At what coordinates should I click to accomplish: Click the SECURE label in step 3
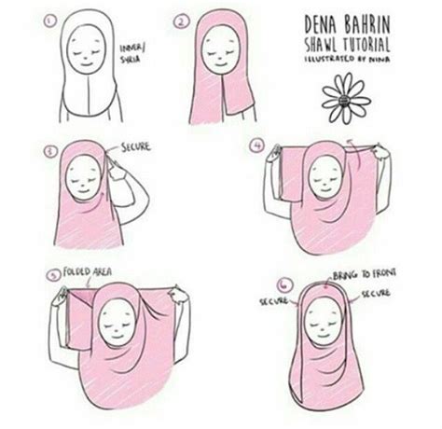[x=137, y=146]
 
